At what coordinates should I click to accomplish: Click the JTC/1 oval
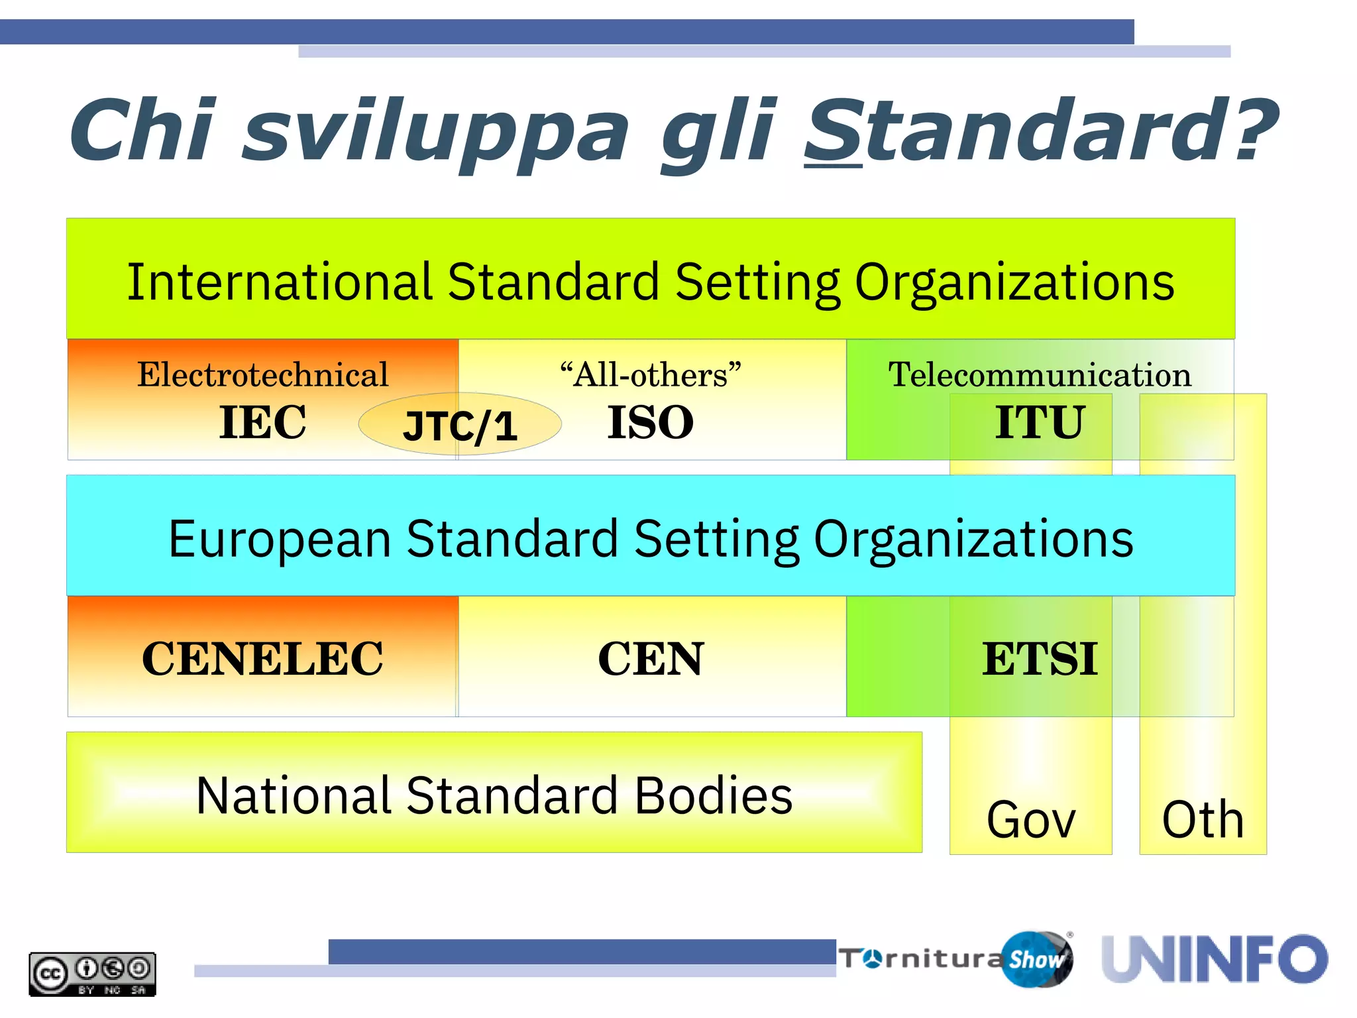click(x=460, y=424)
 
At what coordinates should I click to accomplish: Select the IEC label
click(x=262, y=422)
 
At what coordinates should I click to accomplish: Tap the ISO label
click(x=651, y=422)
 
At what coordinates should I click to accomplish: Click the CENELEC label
click(x=262, y=659)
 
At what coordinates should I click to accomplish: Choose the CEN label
click(x=651, y=659)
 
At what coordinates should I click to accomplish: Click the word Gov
click(x=1030, y=820)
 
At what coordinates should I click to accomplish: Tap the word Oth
click(x=1203, y=820)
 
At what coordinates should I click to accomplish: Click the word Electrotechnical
click(x=262, y=374)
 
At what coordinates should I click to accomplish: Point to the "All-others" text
click(x=651, y=374)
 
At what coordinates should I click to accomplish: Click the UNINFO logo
click(x=1215, y=959)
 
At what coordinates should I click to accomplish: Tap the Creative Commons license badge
click(x=92, y=974)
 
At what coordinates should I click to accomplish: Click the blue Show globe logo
click(x=1037, y=959)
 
